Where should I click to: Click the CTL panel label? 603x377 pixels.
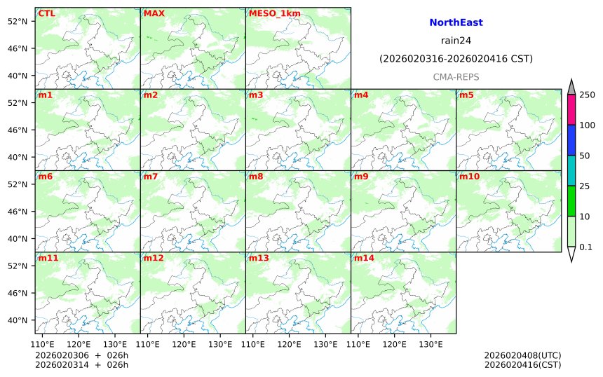[x=47, y=13]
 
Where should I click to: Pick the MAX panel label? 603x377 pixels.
[x=154, y=13]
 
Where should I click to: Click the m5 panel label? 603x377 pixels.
[x=466, y=95]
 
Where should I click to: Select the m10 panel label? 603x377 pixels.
[x=469, y=177]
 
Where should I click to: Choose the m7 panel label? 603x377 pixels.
[x=151, y=177]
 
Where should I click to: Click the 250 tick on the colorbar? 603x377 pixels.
[x=587, y=95]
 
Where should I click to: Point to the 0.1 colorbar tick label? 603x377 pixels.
[x=586, y=247]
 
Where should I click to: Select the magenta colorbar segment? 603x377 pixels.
[x=571, y=110]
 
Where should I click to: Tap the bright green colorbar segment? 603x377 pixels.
[x=571, y=201]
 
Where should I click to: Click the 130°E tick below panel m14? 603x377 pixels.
[x=431, y=344]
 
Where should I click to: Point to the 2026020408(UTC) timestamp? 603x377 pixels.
[x=522, y=356]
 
